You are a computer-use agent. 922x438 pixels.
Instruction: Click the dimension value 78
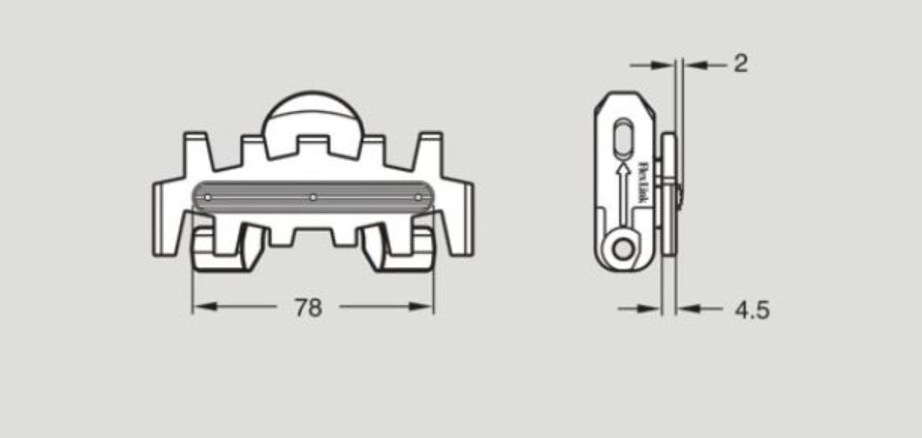pyautogui.click(x=308, y=307)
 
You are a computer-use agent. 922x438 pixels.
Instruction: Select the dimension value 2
pyautogui.click(x=740, y=64)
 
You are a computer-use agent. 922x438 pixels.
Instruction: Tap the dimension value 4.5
pyautogui.click(x=752, y=309)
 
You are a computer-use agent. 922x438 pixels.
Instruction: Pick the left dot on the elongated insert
pyautogui.click(x=207, y=198)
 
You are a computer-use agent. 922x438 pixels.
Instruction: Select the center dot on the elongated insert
pyautogui.click(x=313, y=198)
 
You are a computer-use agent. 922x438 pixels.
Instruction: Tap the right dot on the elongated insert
pyautogui.click(x=418, y=198)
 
